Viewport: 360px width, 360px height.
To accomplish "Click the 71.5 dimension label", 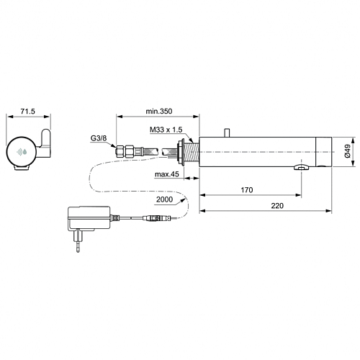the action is (28, 112).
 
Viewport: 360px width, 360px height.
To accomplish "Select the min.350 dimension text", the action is (159, 111).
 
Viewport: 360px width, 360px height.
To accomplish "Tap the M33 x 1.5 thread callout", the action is (166, 130).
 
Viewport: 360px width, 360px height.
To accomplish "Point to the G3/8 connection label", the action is (99, 138).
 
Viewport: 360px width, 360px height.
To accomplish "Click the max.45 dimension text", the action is (167, 174).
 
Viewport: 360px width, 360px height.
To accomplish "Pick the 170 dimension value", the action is (247, 190).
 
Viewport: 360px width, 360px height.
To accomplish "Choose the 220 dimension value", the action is (277, 206).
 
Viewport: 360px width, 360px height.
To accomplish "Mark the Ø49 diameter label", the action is (348, 151).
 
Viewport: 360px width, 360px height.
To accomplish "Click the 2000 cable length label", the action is (164, 199).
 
